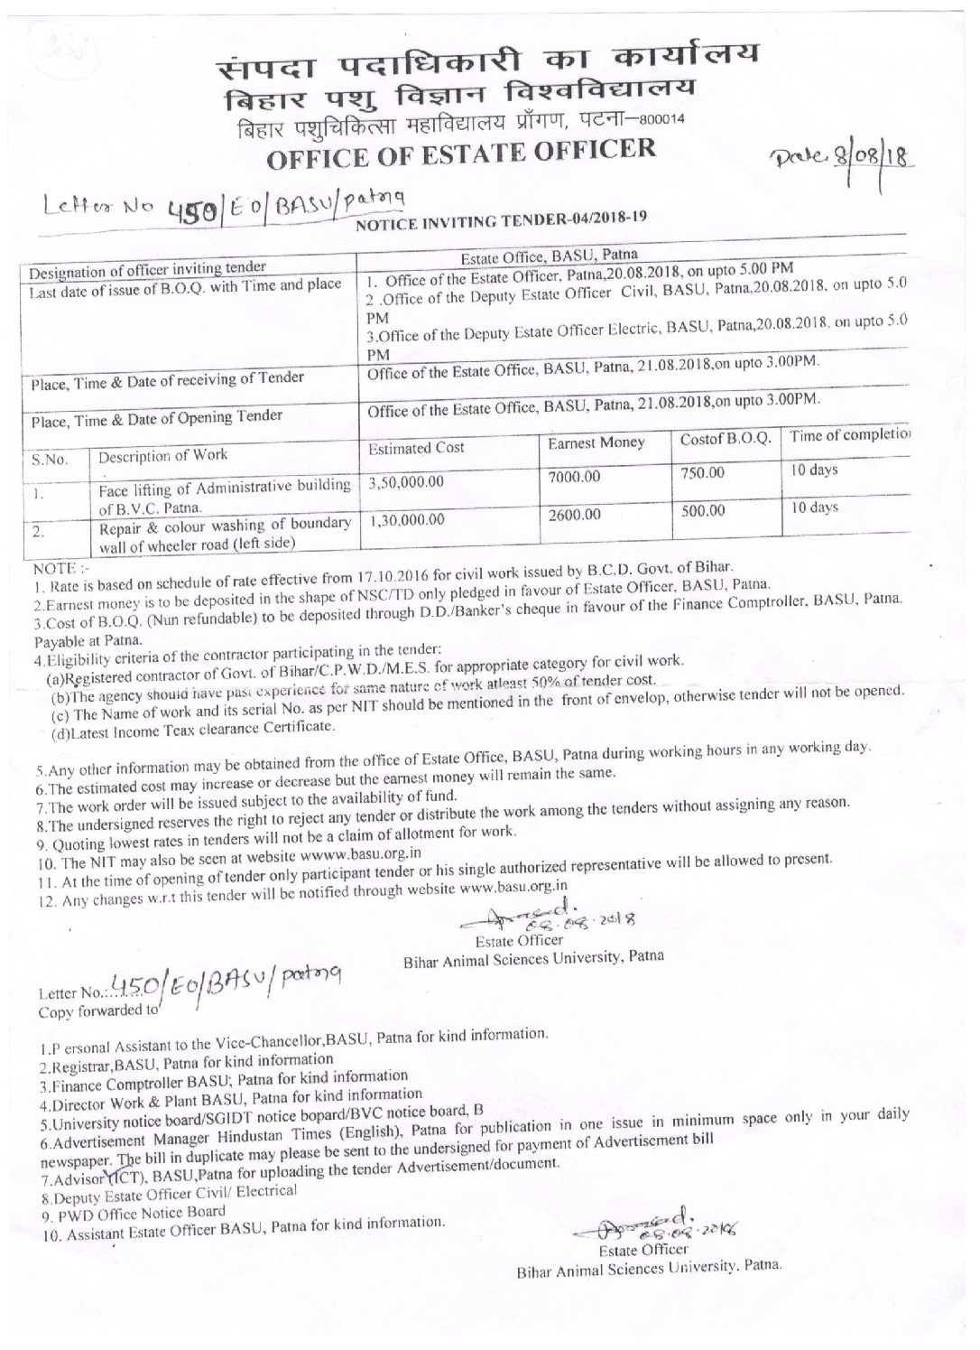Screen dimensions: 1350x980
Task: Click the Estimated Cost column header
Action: pos(414,448)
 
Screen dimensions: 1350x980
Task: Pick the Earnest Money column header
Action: pos(596,442)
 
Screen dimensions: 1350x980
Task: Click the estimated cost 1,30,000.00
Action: pos(407,520)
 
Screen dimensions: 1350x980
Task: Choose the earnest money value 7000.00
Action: pos(573,476)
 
